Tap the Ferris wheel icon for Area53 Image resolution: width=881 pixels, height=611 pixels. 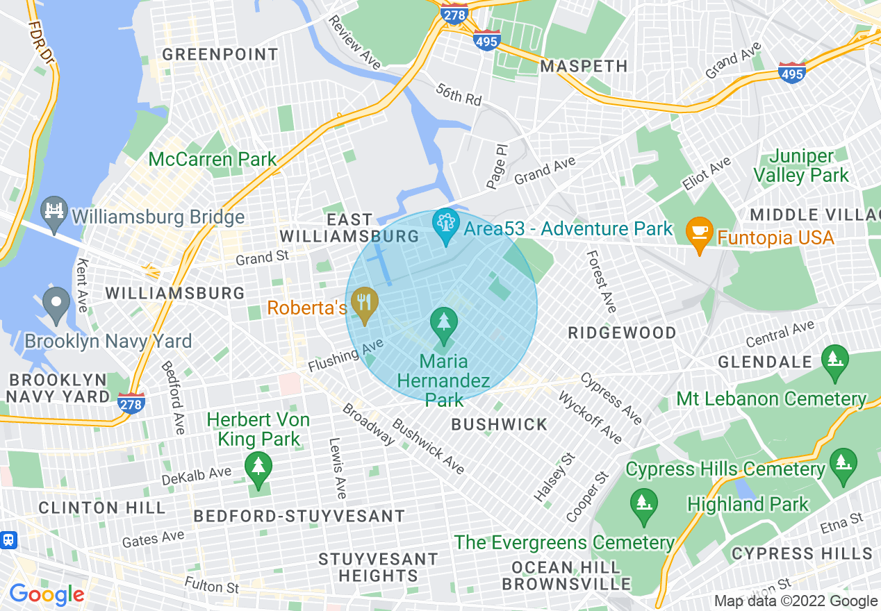(445, 224)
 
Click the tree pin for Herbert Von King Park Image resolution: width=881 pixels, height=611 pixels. (258, 467)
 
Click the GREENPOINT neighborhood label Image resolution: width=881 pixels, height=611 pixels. (220, 54)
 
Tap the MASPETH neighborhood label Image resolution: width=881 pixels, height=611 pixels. (584, 66)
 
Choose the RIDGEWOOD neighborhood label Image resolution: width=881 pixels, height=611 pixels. (622, 333)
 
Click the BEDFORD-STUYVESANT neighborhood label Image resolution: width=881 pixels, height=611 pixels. (299, 516)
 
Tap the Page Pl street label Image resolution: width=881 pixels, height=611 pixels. (497, 167)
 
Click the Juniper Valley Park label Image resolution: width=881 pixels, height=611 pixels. (801, 166)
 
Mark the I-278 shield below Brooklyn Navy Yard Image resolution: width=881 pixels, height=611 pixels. (131, 403)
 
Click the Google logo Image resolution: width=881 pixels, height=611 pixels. (47, 594)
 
